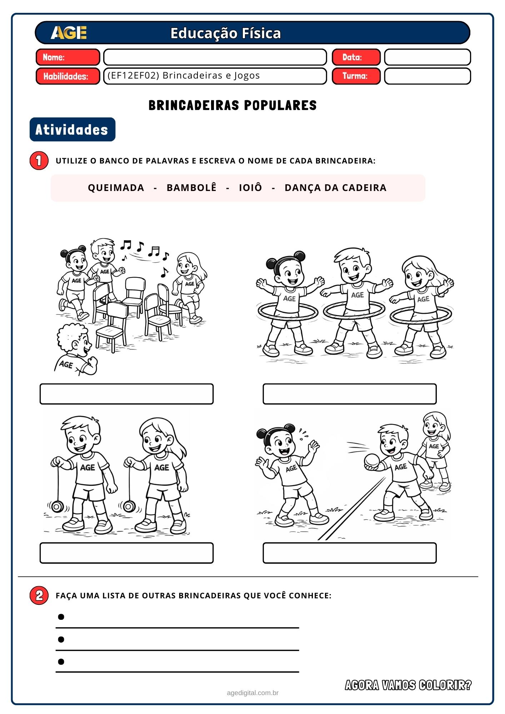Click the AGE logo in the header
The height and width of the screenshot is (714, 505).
pyautogui.click(x=69, y=33)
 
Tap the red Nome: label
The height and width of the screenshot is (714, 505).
pyautogui.click(x=68, y=57)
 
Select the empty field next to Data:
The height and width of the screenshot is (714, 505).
pyautogui.click(x=427, y=57)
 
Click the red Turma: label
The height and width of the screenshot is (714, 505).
pyautogui.click(x=356, y=76)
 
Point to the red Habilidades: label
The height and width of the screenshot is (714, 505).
pyautogui.click(x=68, y=76)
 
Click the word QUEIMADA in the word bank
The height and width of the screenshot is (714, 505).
pyautogui.click(x=116, y=188)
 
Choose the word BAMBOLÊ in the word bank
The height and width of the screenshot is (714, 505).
pyautogui.click(x=191, y=187)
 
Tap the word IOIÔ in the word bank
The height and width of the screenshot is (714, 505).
pyautogui.click(x=250, y=187)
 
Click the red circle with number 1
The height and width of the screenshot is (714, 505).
pyautogui.click(x=39, y=161)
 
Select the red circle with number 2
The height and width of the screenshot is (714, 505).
pyautogui.click(x=39, y=595)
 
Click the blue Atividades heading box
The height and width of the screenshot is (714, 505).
pyautogui.click(x=72, y=129)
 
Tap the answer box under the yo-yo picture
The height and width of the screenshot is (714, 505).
pyautogui.click(x=126, y=553)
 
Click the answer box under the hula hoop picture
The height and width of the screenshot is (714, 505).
pyautogui.click(x=350, y=394)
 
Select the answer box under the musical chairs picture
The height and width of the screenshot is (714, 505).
pyautogui.click(x=126, y=394)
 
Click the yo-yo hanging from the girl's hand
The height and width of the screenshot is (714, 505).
pyautogui.click(x=129, y=506)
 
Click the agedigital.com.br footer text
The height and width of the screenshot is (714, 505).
pyautogui.click(x=252, y=693)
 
